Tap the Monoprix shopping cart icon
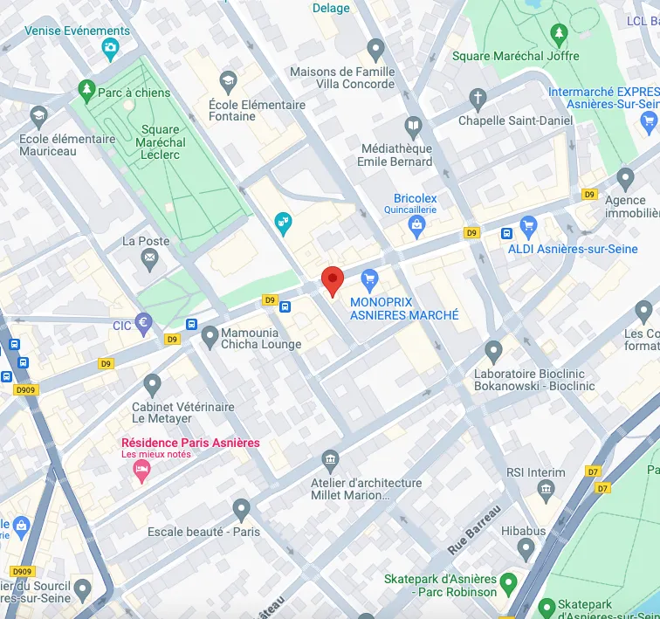coord(369,279)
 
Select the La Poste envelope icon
coord(150,258)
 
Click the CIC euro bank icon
coord(144,323)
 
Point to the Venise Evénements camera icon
coord(111,48)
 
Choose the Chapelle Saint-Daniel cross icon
coord(477,97)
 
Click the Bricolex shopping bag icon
coord(416,227)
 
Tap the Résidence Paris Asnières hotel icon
coord(141,471)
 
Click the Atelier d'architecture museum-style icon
coord(330,459)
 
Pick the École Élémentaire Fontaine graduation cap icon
coord(229,81)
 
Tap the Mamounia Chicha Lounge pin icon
coord(210,334)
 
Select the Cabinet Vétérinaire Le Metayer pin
coord(153,383)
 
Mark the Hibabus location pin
coord(526,549)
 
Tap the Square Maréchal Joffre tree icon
coord(559,33)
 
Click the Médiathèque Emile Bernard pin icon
coord(415,127)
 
